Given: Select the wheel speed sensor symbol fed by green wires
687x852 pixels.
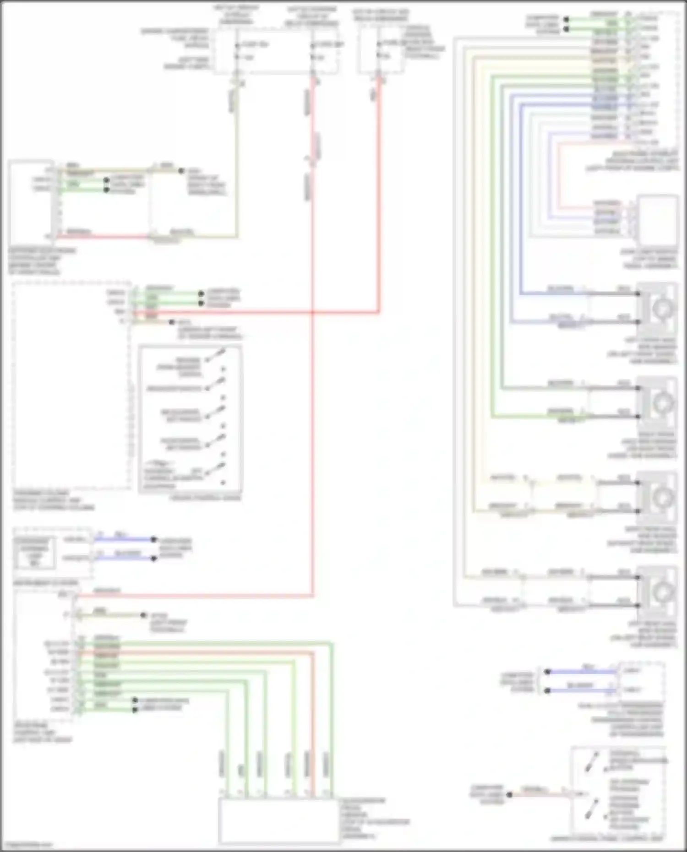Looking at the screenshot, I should [x=658, y=402].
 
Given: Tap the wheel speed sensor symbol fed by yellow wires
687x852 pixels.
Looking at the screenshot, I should [x=658, y=497].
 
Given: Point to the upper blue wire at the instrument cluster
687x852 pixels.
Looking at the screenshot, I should [x=124, y=539].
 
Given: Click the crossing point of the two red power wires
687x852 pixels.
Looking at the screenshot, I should [x=313, y=313].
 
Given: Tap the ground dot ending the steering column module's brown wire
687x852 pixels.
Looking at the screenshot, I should [x=171, y=322].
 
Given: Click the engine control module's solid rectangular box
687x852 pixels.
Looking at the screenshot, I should [x=31, y=202].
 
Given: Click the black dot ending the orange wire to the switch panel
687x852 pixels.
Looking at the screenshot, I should [x=509, y=795].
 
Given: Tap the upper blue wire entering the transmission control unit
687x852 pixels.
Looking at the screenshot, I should [x=582, y=672].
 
